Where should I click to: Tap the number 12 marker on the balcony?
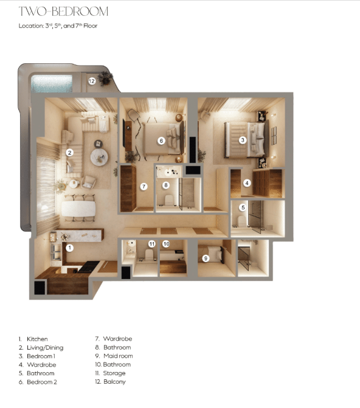pyautogui.click(x=92, y=80)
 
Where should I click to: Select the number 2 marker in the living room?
pyautogui.click(x=70, y=153)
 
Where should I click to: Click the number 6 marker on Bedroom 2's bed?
pyautogui.click(x=161, y=140)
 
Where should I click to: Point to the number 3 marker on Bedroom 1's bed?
pyautogui.click(x=242, y=140)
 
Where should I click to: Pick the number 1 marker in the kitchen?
pyautogui.click(x=69, y=247)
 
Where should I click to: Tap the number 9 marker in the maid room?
pyautogui.click(x=206, y=258)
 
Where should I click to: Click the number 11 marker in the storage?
pyautogui.click(x=152, y=244)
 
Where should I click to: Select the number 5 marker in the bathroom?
pyautogui.click(x=243, y=207)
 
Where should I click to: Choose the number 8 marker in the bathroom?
pyautogui.click(x=165, y=185)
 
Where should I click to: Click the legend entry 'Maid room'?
pyautogui.click(x=114, y=356)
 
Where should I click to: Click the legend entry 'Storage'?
pyautogui.click(x=110, y=373)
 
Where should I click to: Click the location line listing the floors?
pyautogui.click(x=58, y=26)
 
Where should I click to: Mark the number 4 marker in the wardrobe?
pyautogui.click(x=247, y=183)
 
